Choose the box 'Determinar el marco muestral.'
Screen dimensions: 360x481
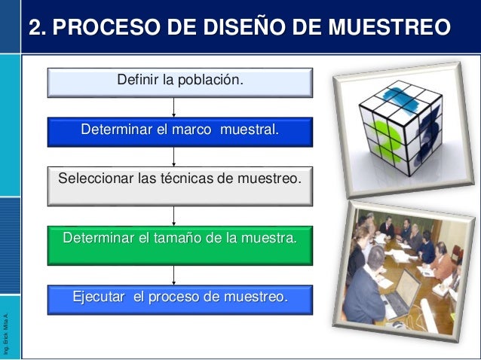coord(179,132)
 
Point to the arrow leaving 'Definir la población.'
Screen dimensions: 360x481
coord(174,105)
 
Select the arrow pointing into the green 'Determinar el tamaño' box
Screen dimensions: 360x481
coord(174,215)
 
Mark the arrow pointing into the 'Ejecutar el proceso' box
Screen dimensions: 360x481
coord(174,274)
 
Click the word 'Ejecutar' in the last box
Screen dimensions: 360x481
coord(98,296)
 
